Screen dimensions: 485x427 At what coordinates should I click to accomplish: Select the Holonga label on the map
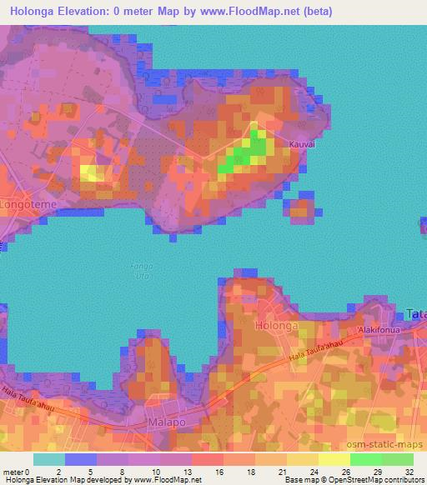(275, 326)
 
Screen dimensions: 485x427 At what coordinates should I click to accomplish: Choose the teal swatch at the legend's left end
(49, 459)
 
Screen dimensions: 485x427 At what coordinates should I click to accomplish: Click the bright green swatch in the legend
(365, 459)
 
